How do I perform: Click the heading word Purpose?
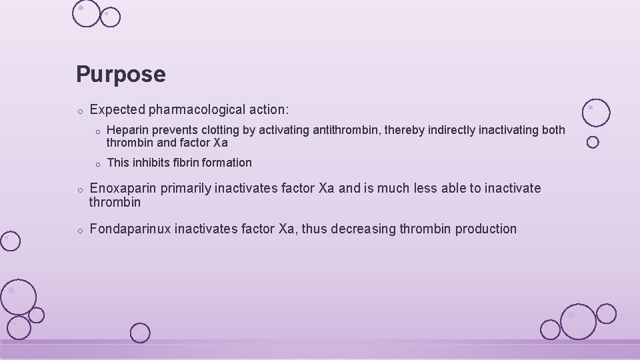pos(121,74)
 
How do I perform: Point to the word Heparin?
pos(127,130)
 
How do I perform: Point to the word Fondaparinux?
pos(131,229)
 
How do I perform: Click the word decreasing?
pos(363,229)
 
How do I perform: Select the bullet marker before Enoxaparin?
pos(79,190)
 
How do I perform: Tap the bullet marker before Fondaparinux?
pos(79,231)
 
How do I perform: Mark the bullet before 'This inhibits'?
pos(97,164)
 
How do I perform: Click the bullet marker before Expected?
pos(79,110)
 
